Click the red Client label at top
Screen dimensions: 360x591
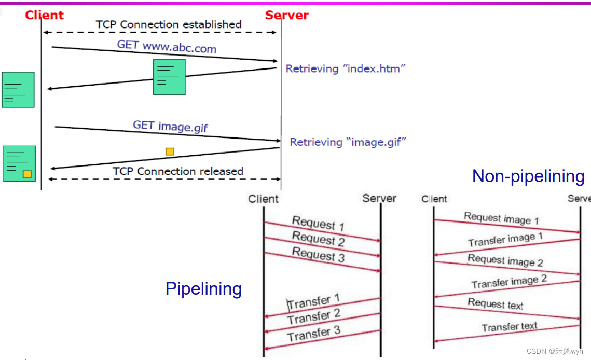[44, 15]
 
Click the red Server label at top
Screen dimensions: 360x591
[286, 15]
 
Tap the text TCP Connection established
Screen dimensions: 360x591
[169, 24]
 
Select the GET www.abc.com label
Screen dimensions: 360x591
[167, 47]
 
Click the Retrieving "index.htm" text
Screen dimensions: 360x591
[345, 68]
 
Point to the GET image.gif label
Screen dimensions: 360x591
[170, 126]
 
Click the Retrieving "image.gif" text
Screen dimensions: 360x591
[348, 142]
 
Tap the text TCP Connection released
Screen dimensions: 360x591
[178, 171]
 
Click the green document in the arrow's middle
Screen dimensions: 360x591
[169, 77]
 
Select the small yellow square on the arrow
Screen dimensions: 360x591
[170, 151]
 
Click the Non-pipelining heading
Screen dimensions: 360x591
[528, 176]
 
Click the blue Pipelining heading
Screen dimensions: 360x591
[203, 288]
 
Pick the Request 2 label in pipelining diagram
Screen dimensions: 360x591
[318, 239]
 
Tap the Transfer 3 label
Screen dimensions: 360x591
[314, 334]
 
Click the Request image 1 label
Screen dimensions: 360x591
[501, 218]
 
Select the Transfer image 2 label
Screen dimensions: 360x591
[509, 282]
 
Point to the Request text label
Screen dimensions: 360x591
[496, 303]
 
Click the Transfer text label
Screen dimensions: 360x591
[509, 327]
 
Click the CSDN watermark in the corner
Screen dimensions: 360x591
[554, 351]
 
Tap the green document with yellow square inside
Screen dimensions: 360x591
[19, 163]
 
